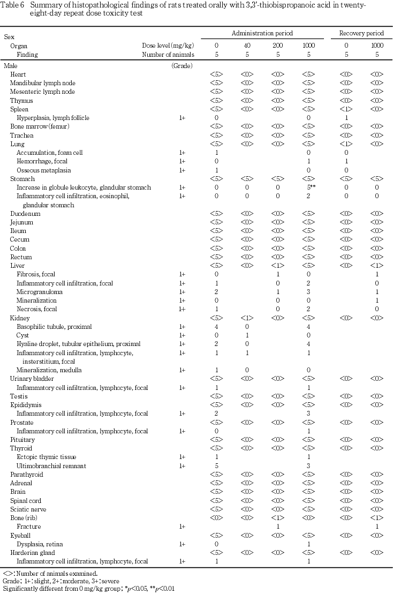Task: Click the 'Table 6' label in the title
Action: [12, 5]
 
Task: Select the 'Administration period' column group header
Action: [262, 33]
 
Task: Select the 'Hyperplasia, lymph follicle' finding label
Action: [53, 117]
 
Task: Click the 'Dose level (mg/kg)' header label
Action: [168, 46]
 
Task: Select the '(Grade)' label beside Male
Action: [182, 65]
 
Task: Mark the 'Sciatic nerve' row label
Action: [29, 509]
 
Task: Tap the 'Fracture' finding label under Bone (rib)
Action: [29, 527]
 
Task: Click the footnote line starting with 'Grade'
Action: [61, 581]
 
